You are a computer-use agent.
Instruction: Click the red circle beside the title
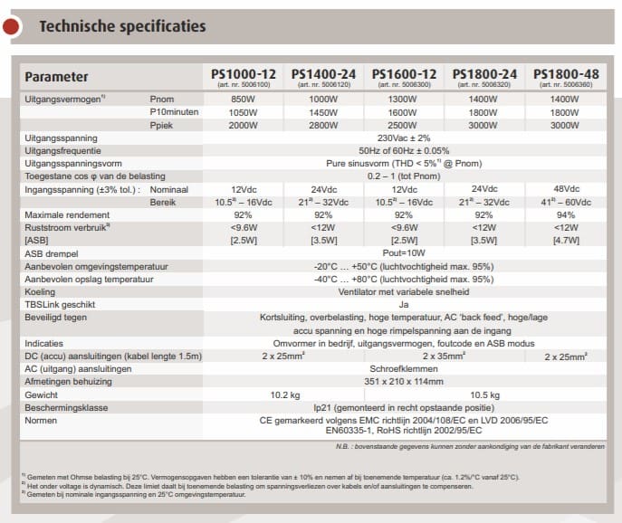[11, 27]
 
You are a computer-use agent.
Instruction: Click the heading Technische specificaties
[122, 26]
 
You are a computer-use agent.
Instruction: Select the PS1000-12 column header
[243, 73]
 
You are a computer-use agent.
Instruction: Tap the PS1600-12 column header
[404, 73]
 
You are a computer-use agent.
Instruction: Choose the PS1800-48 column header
[564, 73]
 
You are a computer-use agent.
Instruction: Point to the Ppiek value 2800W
[322, 125]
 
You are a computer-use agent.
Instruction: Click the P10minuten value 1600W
[404, 112]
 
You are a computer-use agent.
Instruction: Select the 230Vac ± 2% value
[404, 138]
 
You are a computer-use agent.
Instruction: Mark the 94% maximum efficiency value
[564, 215]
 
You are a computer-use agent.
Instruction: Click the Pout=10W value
[404, 254]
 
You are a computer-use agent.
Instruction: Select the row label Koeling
[41, 292]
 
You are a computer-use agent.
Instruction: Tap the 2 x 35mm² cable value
[404, 357]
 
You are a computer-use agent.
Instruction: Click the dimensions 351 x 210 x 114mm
[404, 382]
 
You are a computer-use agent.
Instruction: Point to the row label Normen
[42, 421]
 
